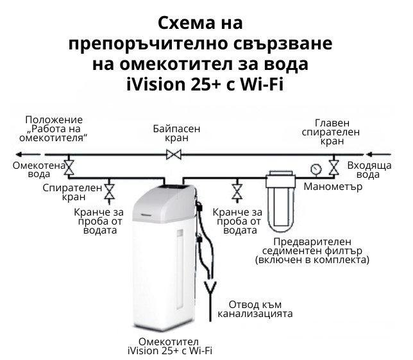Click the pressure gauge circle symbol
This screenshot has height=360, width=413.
coord(316,169)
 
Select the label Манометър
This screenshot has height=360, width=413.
coord(333,187)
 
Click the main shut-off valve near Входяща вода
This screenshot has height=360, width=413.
coord(333,167)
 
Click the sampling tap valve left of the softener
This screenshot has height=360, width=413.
coord(109,192)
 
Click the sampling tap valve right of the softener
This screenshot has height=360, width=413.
coord(237,192)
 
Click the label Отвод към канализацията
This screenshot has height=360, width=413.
coord(255,309)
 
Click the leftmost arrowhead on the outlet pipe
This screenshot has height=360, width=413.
coord(22,155)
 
